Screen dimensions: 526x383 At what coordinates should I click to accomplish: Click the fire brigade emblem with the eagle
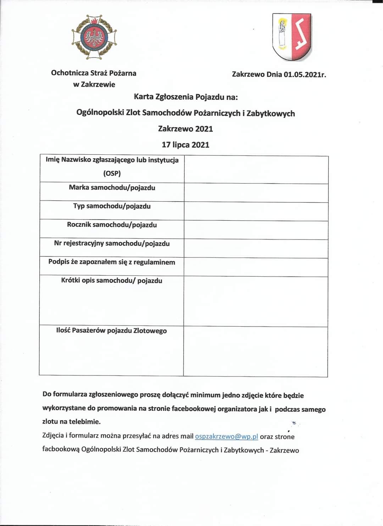point(94,37)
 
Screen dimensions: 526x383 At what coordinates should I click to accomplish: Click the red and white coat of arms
point(292,37)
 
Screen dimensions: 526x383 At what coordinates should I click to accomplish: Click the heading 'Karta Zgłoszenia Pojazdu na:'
point(186,97)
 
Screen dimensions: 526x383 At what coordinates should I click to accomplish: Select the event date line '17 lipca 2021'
point(185,145)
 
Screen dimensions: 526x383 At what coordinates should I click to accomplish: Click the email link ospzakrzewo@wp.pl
point(226,436)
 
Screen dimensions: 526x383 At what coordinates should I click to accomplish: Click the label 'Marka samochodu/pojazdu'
point(112,187)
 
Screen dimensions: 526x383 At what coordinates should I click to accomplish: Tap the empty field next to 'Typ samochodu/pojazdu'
point(256,211)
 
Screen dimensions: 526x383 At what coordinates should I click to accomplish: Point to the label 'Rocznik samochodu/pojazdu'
point(112,225)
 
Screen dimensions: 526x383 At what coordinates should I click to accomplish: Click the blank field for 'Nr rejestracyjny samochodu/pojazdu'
point(256,249)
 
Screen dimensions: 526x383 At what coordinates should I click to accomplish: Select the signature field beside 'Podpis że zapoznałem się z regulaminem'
point(256,267)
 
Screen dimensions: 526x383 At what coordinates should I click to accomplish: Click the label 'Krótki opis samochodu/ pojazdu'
point(112,281)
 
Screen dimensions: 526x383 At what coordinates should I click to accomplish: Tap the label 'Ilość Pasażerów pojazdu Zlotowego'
point(111,330)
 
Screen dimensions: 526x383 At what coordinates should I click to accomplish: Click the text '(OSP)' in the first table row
point(112,174)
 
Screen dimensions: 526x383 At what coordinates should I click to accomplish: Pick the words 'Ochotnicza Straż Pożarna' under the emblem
point(94,73)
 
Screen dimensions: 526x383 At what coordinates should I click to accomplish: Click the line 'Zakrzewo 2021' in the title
point(185,129)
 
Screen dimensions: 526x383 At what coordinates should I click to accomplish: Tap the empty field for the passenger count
point(256,351)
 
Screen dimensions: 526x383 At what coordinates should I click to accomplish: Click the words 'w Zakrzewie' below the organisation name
point(94,84)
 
